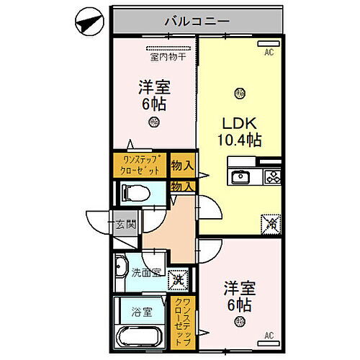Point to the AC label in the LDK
click(x=269, y=52)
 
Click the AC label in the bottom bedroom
click(x=269, y=335)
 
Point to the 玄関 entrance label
click(x=126, y=224)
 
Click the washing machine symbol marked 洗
click(x=176, y=276)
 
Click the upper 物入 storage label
click(x=182, y=165)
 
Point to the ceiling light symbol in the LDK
click(x=239, y=92)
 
